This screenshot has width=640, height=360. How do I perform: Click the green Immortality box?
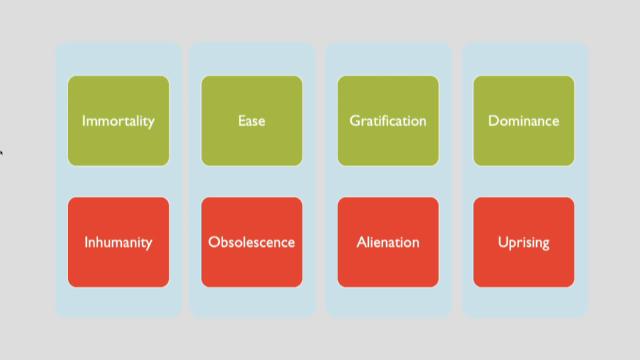[x=118, y=121]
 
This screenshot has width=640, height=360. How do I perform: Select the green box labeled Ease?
[x=252, y=121]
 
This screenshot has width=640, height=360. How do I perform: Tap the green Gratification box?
[x=388, y=121]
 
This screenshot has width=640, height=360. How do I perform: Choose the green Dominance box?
[x=524, y=121]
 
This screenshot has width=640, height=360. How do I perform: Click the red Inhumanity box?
[x=118, y=242]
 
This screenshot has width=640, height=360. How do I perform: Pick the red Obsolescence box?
[x=252, y=242]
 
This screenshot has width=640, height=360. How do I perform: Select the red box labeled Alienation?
[x=388, y=242]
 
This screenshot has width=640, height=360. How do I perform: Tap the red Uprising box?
[x=524, y=242]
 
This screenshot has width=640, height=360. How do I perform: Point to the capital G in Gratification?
[x=355, y=121]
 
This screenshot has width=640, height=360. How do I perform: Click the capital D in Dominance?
[x=494, y=121]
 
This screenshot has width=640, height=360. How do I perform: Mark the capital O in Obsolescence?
[x=214, y=242]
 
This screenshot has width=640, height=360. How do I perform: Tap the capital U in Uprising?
[x=502, y=242]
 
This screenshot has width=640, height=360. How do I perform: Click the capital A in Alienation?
[x=362, y=242]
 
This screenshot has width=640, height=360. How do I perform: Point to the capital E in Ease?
[x=242, y=121]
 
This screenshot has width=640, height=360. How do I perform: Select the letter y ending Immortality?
[x=151, y=123]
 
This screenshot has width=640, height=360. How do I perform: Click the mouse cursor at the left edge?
[x=1, y=152]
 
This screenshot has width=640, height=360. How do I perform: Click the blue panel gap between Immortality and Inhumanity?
[x=118, y=182]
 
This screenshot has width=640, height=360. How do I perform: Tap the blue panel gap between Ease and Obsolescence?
[x=252, y=182]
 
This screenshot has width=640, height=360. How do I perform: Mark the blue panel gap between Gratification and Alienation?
[x=388, y=182]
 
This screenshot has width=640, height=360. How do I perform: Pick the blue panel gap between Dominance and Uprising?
[x=524, y=182]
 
